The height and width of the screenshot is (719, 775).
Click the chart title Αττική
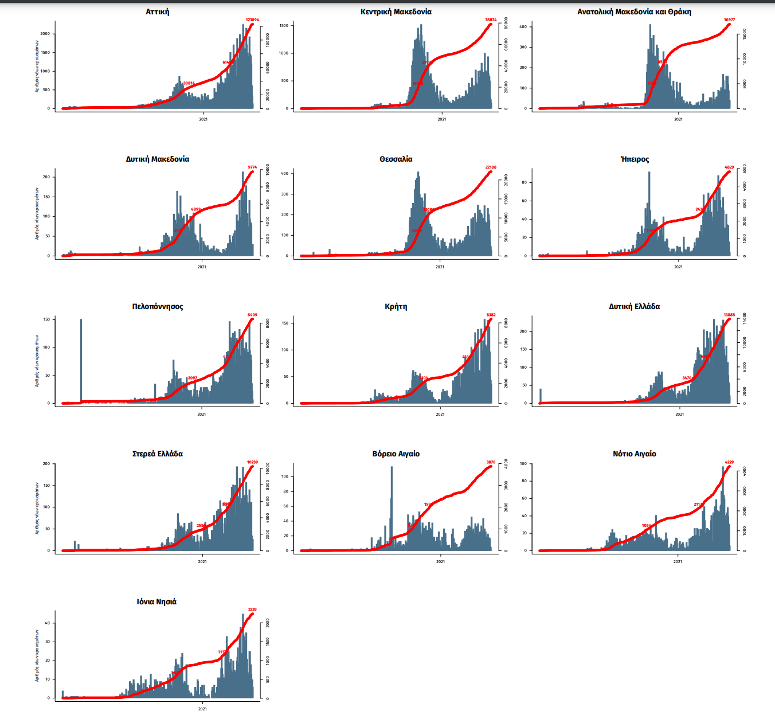click(157, 11)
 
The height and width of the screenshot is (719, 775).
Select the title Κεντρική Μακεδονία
click(396, 11)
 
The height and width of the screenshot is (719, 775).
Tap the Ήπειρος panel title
click(635, 159)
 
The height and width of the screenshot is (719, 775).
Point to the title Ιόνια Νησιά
click(156, 601)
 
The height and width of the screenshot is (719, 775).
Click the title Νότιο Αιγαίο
click(635, 454)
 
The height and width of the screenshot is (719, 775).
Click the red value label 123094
click(252, 20)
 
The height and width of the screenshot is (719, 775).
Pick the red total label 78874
click(491, 20)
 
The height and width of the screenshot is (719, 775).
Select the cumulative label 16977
click(729, 20)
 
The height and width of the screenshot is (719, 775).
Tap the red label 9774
click(252, 167)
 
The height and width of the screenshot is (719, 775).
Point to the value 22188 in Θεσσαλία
click(491, 167)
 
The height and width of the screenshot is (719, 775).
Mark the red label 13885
click(729, 315)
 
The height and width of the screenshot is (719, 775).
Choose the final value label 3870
click(491, 462)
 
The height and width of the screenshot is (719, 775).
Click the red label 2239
click(252, 609)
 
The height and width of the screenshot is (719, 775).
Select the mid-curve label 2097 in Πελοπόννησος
click(193, 378)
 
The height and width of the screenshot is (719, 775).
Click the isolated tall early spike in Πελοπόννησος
click(81, 361)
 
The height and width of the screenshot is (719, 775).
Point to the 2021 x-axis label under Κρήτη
click(440, 414)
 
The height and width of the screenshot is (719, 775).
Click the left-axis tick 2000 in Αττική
click(45, 34)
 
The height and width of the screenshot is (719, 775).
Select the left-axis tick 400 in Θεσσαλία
click(285, 173)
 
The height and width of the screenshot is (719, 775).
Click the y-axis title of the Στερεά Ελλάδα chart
click(37, 508)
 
